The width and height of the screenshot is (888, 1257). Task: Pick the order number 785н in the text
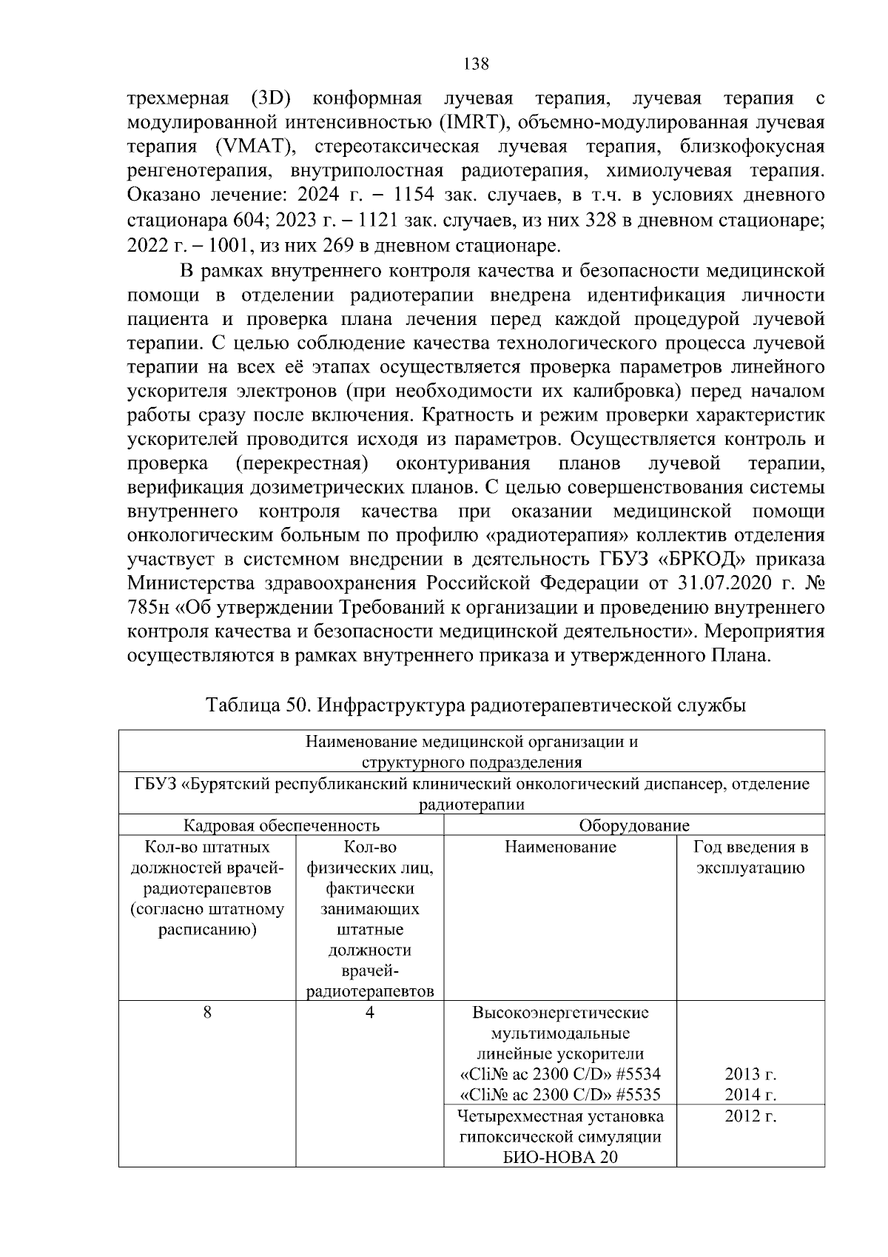click(x=149, y=609)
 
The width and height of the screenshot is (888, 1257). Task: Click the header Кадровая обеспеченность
click(x=281, y=825)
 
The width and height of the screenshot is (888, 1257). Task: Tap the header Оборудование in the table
click(x=634, y=825)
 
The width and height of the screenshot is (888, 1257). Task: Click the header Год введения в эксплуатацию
click(x=750, y=857)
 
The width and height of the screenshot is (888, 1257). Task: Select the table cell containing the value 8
click(x=207, y=1013)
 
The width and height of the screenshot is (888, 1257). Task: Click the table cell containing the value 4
click(x=369, y=1013)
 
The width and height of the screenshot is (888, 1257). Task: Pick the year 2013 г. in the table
click(x=750, y=1074)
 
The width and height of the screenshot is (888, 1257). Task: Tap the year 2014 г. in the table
click(x=750, y=1095)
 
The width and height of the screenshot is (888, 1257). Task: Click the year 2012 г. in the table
click(x=750, y=1116)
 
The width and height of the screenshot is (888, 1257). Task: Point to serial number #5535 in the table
click(x=636, y=1095)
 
